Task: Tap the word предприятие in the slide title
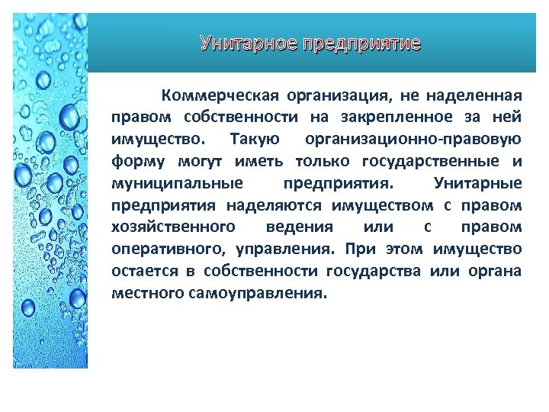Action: (x=361, y=43)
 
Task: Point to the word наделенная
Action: (x=475, y=96)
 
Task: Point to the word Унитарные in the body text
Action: (x=477, y=184)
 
